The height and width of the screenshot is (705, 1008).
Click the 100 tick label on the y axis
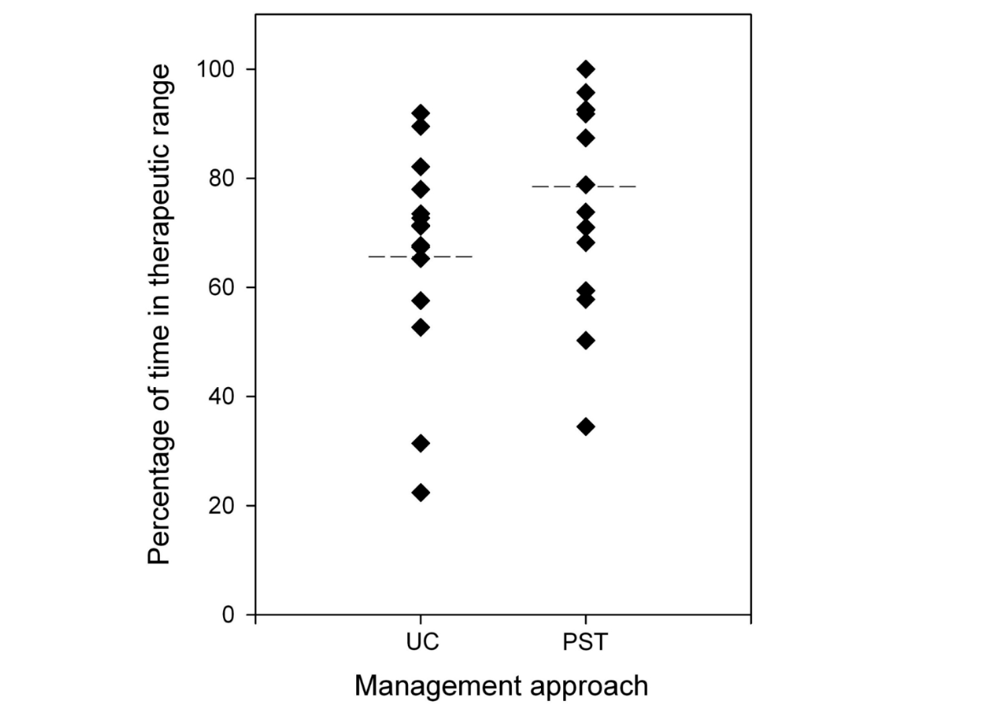coord(215,69)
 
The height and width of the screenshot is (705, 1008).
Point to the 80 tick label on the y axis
coord(221,179)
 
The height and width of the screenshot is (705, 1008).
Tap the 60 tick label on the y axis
coord(221,288)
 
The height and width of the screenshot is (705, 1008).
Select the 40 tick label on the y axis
coord(221,397)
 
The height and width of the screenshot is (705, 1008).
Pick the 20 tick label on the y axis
coord(221,505)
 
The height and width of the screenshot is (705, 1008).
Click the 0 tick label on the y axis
coord(228,614)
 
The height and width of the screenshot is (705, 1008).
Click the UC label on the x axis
coord(422,642)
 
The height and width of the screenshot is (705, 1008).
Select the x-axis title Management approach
coord(501,686)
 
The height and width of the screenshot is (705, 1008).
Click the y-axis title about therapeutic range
coord(160,315)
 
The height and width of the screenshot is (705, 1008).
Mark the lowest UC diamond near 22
coord(421,493)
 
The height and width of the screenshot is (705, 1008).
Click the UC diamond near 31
coord(421,443)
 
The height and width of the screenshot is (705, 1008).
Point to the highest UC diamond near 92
coord(421,113)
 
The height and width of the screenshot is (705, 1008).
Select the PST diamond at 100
coord(586,69)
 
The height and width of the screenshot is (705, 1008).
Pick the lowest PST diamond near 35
coord(586,426)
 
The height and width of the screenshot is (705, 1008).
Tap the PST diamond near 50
coord(586,340)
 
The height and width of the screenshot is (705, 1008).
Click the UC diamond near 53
coord(421,327)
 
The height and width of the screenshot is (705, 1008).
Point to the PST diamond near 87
coord(586,138)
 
